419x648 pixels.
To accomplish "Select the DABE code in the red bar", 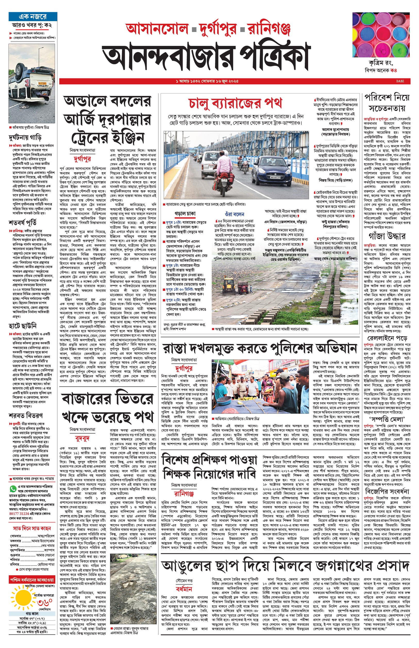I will click(400, 81).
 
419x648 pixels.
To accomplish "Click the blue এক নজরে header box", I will click(33, 17).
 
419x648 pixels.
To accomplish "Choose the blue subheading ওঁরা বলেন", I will click(235, 214).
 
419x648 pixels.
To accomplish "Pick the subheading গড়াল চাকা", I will click(185, 214).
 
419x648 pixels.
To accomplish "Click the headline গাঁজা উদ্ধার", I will click(387, 236).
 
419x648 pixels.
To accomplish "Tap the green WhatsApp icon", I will click(13, 489).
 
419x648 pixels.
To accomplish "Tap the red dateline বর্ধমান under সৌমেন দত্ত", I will click(184, 589).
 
